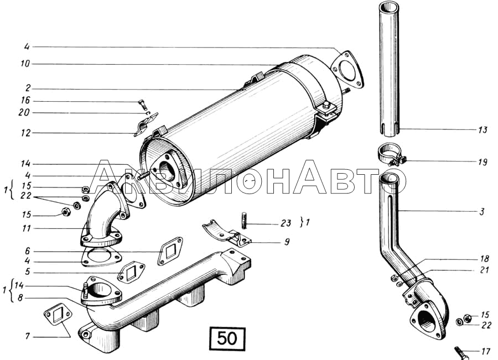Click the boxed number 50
pos(227,338)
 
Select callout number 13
pos(483,129)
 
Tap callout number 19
pos(483,162)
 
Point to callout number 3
pos(482,211)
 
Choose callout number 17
pos(486,352)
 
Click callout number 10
pos(25,64)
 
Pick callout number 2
pos(28,88)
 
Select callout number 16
pos(25,101)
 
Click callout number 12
pos(25,133)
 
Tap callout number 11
pos(27,228)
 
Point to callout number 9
pos(287,242)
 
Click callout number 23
pos(286,223)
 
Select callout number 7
pos(28,335)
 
